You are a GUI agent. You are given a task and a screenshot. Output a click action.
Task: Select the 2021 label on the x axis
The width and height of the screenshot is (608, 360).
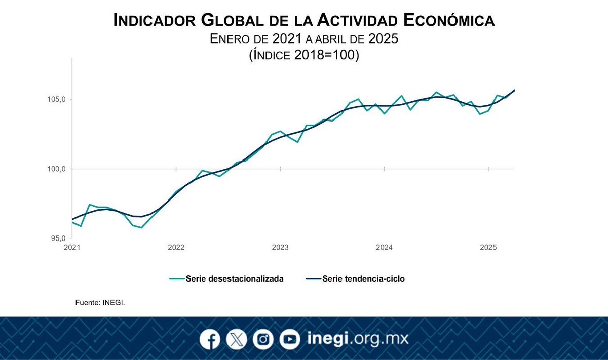pos(72,248)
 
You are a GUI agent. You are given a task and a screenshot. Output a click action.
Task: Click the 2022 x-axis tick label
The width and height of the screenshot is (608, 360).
pos(176,248)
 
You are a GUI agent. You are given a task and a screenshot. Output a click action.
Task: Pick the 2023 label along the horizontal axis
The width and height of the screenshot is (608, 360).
pos(280,248)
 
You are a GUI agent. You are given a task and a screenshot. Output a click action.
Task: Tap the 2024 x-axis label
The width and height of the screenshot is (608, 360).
pos(384,248)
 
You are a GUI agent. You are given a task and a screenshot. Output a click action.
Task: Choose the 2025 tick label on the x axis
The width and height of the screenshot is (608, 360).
pos(488,248)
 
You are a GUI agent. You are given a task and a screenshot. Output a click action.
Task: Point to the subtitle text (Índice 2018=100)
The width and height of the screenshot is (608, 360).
pos(304,55)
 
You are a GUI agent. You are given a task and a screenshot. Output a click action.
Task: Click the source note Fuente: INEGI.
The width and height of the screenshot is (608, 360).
pos(100,302)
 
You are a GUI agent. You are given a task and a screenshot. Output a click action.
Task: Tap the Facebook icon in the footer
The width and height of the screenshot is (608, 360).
pos(210,339)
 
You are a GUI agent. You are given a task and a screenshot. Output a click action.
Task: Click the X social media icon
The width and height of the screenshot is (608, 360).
pos(236,339)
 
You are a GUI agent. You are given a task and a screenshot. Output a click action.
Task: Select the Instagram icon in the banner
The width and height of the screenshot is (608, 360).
pos(262,339)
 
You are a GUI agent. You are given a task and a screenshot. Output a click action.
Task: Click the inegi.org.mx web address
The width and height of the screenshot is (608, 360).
pos(358,338)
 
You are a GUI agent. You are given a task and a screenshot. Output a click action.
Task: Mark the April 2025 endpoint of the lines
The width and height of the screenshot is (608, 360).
pos(514,90)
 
